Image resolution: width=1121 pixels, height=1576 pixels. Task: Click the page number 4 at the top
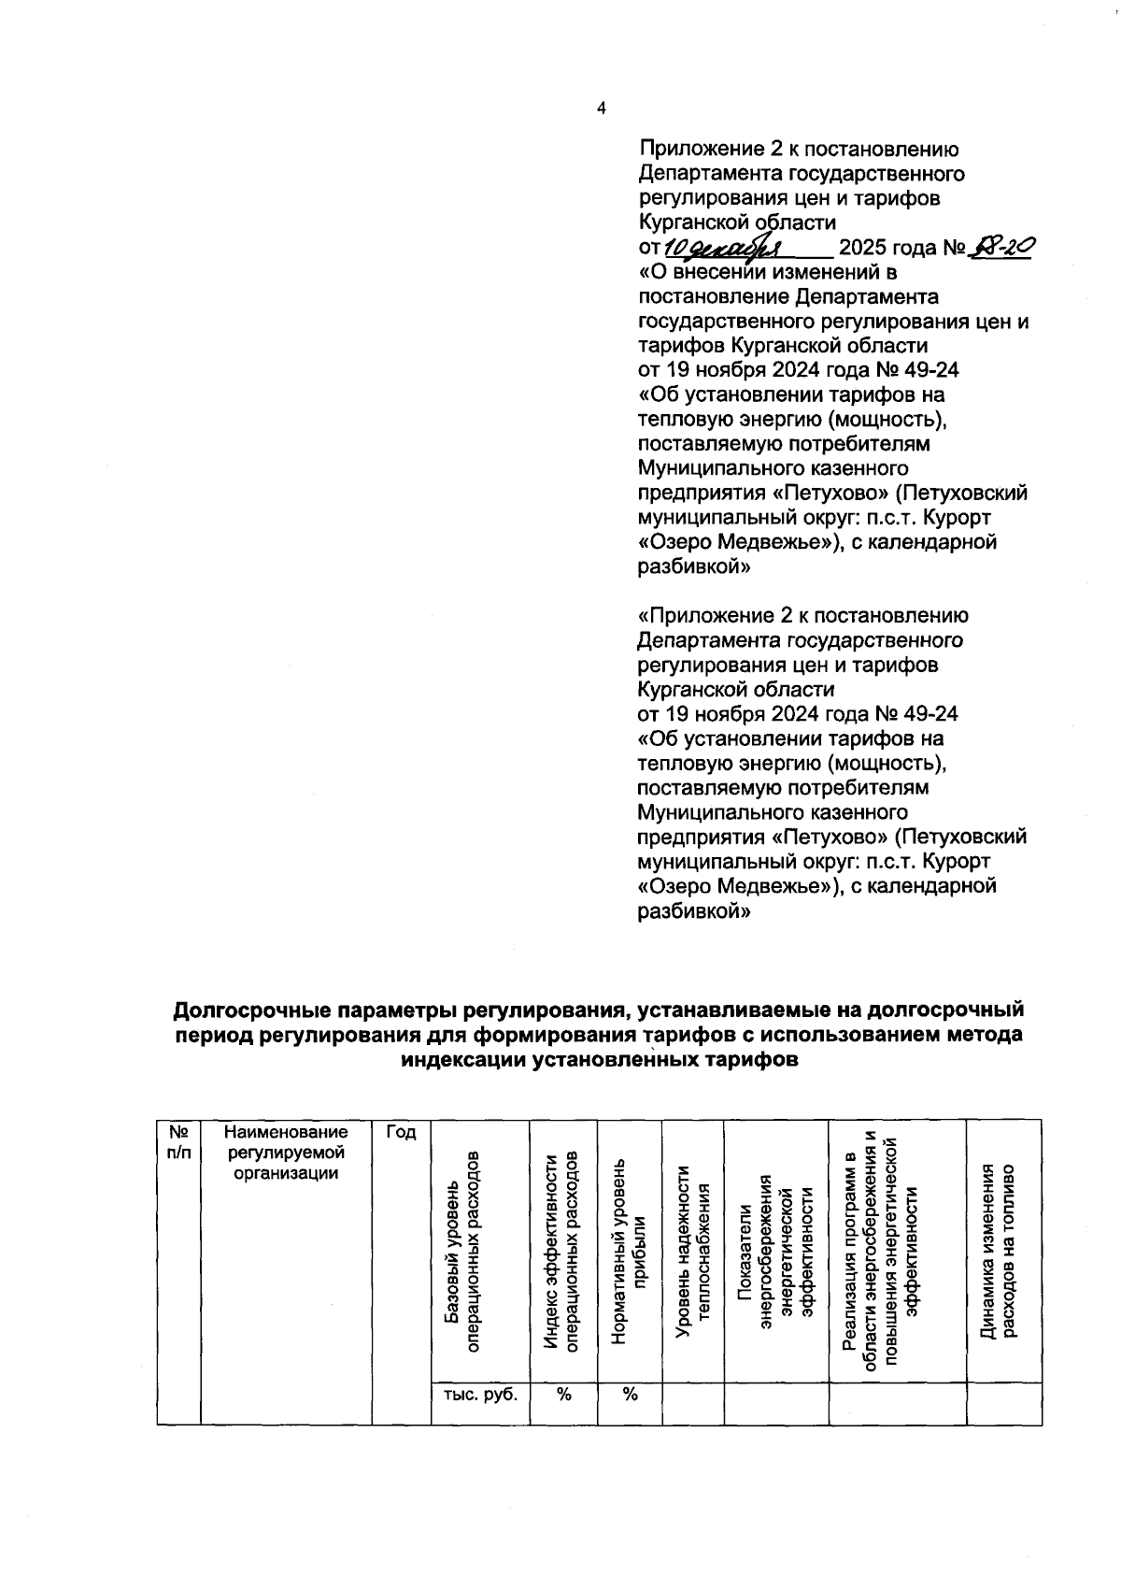(x=601, y=108)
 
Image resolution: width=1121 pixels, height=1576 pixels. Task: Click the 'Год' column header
(x=401, y=1132)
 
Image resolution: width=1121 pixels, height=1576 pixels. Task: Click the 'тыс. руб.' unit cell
(x=479, y=1394)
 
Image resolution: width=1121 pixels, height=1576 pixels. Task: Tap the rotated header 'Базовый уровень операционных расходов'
(x=462, y=1250)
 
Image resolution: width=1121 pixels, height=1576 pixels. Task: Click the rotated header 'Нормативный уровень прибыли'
(x=628, y=1250)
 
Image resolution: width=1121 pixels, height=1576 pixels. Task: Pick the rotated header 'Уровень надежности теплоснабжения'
(x=692, y=1250)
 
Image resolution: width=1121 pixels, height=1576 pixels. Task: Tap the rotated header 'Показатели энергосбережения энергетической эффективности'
(x=774, y=1250)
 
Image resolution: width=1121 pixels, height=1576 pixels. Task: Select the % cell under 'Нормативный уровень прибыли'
(x=630, y=1394)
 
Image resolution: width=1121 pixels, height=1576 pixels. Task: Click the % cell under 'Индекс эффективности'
(x=563, y=1394)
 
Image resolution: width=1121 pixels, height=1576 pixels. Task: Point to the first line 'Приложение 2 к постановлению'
(x=798, y=150)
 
